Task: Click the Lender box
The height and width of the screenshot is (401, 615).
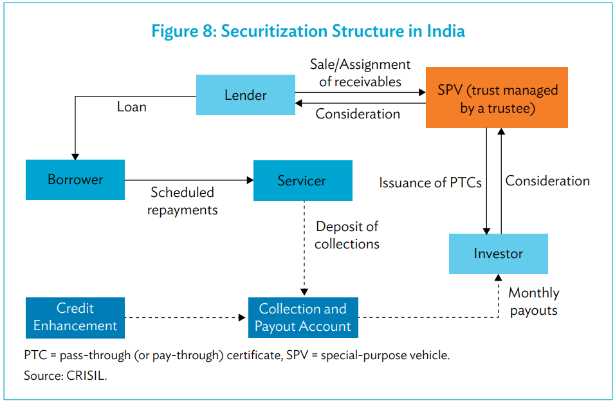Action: coord(245,95)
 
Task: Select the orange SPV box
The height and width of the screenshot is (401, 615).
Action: coord(497,98)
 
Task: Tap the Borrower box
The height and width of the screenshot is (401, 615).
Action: coord(75,180)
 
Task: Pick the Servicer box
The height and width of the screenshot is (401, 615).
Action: coord(302,181)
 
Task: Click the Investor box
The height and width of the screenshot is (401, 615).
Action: coord(498,254)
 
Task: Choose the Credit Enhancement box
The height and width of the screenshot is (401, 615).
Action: coord(75,317)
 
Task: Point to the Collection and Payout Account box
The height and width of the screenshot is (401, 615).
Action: coord(302,317)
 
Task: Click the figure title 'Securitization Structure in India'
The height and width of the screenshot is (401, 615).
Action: coord(307,31)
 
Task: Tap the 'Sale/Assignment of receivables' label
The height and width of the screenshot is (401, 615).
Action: coord(360,73)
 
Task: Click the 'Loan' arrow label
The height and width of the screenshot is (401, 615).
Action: coord(131,107)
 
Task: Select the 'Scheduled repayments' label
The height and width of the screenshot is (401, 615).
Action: coord(182,201)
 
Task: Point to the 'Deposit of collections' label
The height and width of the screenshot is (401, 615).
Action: coord(347,235)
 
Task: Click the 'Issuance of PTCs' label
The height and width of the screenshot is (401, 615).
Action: coord(430,183)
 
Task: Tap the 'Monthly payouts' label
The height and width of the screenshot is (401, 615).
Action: coord(533,301)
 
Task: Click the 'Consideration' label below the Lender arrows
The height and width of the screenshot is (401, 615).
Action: coord(358,114)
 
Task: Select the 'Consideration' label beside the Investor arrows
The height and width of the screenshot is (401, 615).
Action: coord(547,181)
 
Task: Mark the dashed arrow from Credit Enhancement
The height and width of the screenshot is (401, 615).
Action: coord(187,317)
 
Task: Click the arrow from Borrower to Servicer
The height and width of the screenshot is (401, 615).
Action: coord(188,180)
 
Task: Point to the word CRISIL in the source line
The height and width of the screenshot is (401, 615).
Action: coord(86,376)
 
